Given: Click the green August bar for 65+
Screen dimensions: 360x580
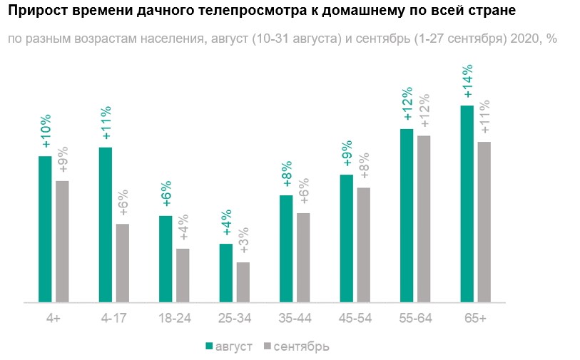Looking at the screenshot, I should [467, 204].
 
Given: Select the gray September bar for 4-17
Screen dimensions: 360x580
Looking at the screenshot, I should [123, 263].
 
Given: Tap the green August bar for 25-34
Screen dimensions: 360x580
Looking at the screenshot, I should [226, 273].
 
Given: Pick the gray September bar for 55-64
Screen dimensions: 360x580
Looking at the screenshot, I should [424, 219].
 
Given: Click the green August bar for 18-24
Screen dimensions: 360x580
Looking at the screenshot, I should [166, 259].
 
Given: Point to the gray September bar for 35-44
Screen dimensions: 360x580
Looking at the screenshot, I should [303, 257].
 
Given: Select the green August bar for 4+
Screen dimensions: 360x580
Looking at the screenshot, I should [45, 229].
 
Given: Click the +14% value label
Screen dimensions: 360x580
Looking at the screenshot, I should [468, 82].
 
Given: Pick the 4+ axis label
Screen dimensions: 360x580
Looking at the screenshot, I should [53, 319].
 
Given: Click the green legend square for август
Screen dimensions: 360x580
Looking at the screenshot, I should [210, 346].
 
